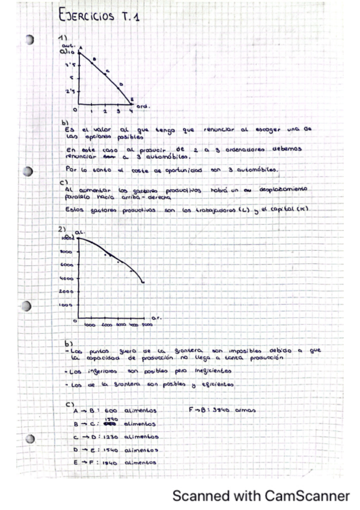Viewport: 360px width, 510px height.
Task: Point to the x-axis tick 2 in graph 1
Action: [x=104, y=111]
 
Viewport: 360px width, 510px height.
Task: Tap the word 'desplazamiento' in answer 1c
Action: [x=283, y=189]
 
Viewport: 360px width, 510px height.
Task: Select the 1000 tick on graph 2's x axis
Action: [x=90, y=325]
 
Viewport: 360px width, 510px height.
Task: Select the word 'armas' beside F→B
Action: [x=244, y=411]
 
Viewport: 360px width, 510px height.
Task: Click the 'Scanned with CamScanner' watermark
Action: [x=261, y=496]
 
